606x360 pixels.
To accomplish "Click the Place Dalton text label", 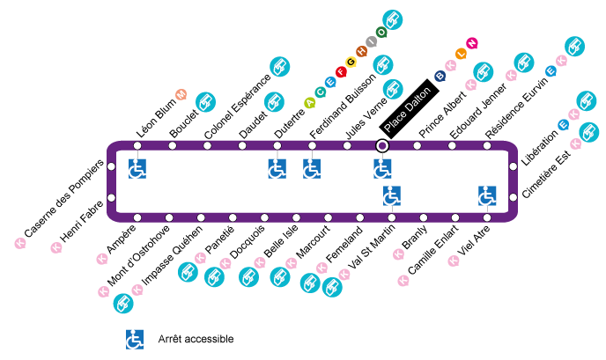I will tap(407, 110).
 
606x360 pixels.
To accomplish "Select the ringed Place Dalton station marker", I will tap(382, 145).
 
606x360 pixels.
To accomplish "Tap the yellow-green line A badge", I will tap(310, 103).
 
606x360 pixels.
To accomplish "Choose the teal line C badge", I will tap(321, 92).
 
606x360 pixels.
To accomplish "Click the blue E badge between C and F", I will tap(330, 83).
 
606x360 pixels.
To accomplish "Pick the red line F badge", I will tap(341, 72).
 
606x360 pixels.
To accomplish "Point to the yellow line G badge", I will tap(351, 62).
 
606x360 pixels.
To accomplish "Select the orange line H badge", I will tap(361, 52).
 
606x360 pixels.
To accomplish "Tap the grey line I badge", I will tap(372, 41).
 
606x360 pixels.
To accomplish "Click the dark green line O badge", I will tap(381, 33).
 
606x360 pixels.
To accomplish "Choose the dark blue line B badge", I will tap(440, 76).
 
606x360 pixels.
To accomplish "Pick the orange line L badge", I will tap(461, 54).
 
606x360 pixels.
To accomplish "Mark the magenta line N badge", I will tap(472, 43).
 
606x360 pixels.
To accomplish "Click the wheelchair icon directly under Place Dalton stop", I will tap(382, 168).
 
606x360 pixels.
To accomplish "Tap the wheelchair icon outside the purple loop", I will tap(134, 339).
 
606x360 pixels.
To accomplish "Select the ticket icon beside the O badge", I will tap(393, 19).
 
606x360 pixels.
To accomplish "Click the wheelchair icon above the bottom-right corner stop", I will tap(487, 195).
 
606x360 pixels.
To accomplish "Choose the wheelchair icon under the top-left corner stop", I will tap(137, 168).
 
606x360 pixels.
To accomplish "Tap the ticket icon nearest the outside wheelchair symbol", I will tap(123, 304).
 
